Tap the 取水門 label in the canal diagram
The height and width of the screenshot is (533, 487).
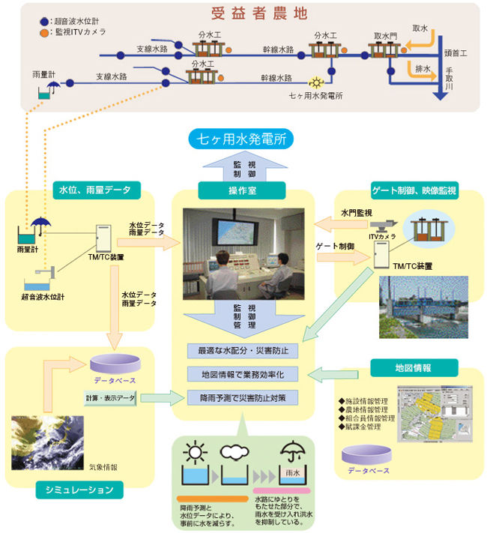click(x=384, y=35)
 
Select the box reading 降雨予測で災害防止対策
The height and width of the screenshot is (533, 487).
click(x=243, y=396)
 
